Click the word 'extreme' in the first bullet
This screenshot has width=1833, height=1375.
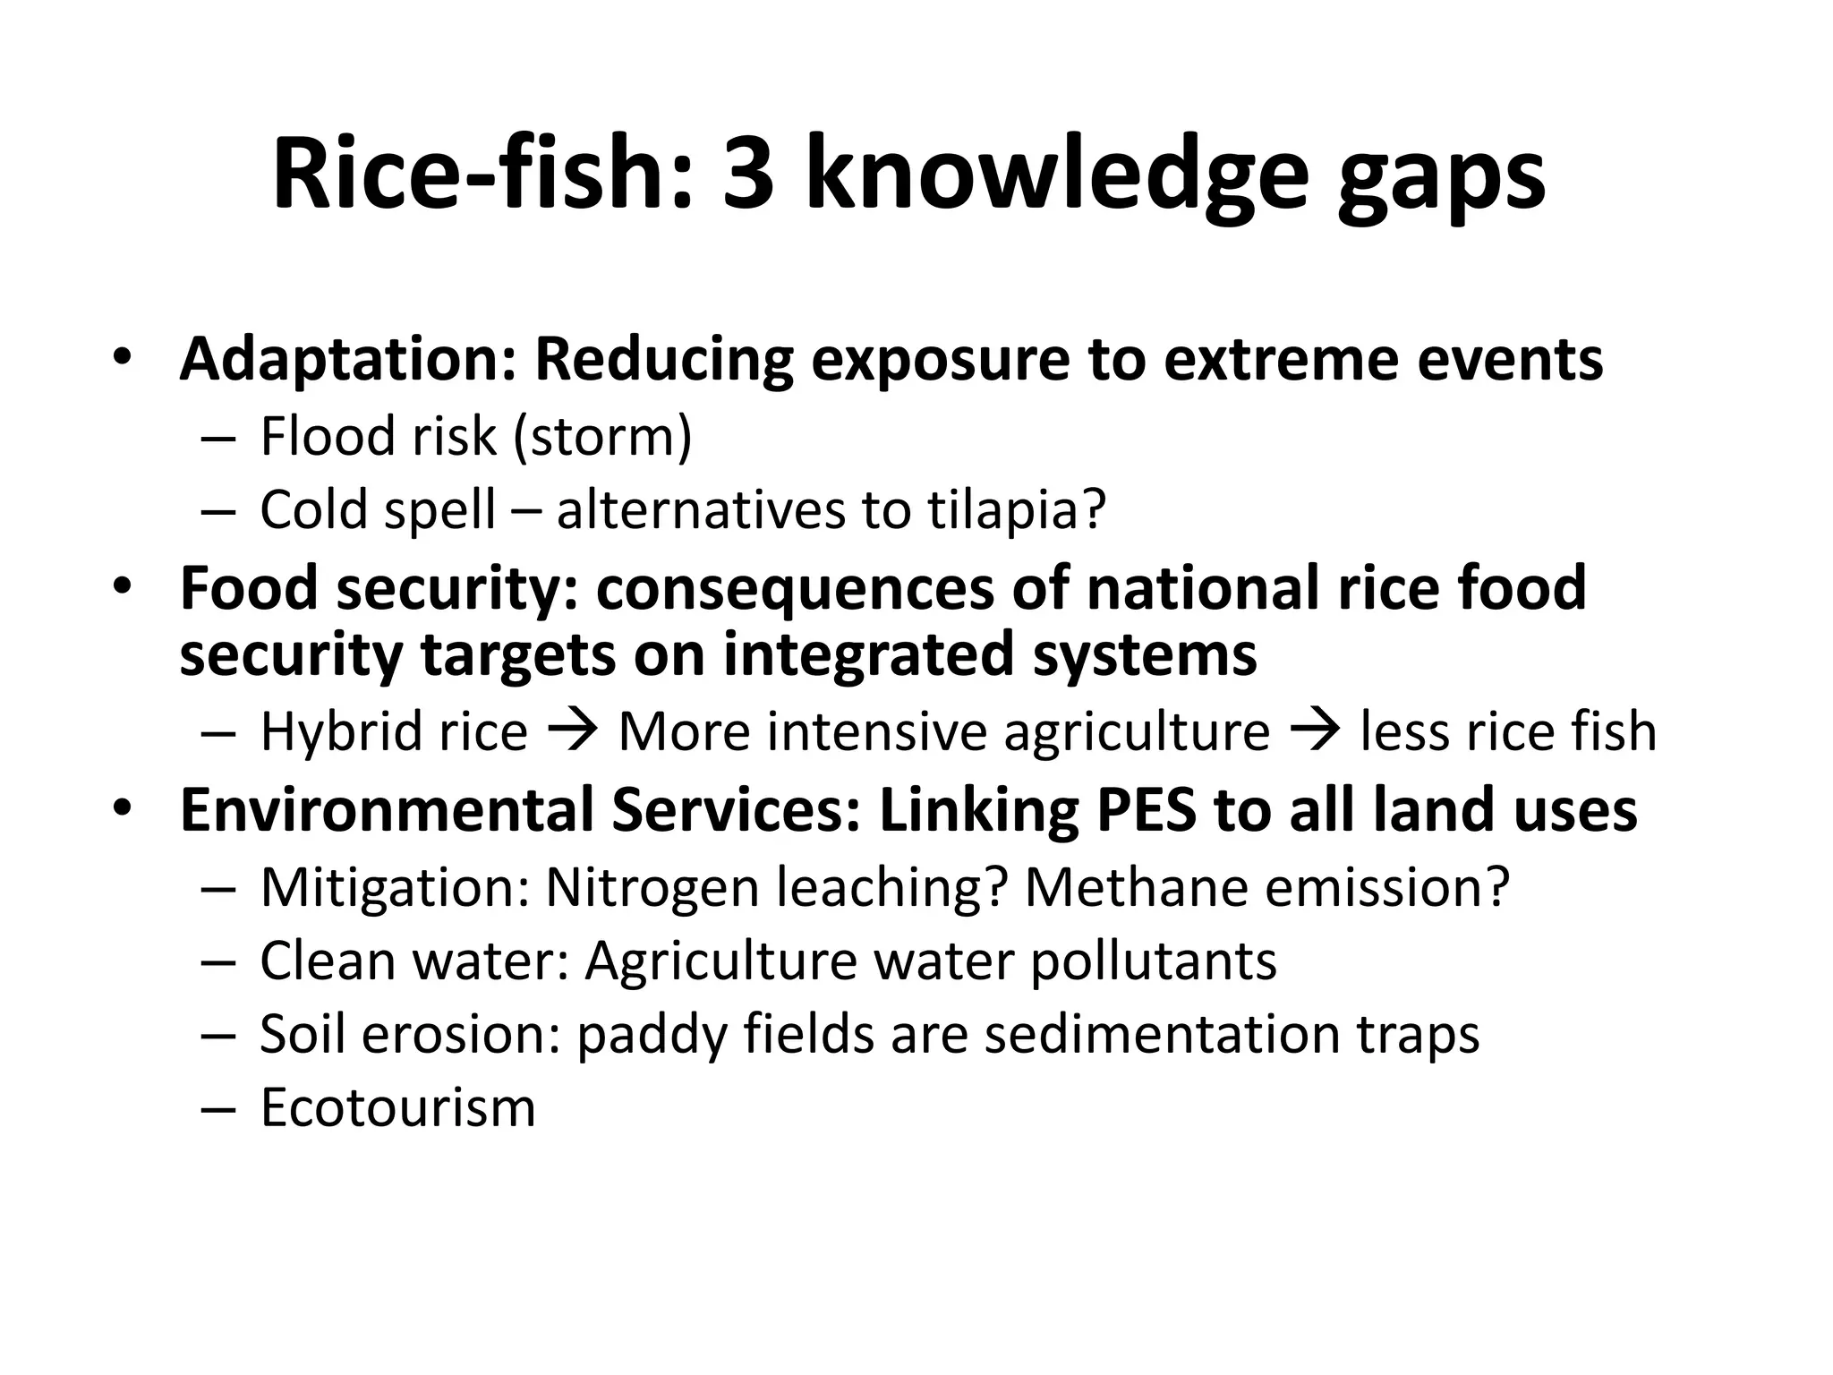click(x=1281, y=360)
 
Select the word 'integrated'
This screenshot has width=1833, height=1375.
click(x=870, y=653)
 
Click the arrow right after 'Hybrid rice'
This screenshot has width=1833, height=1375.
click(x=573, y=730)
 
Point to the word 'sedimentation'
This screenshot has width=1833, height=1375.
click(x=1163, y=1035)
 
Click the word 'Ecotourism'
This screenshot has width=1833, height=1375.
click(x=397, y=1108)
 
